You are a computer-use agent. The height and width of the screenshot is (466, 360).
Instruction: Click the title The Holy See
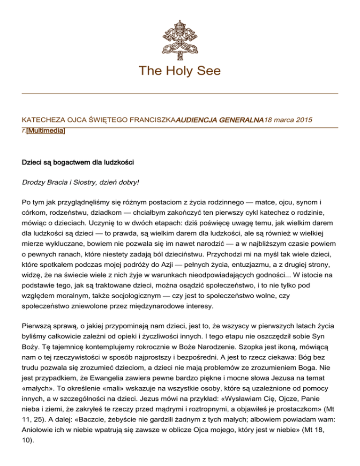[180, 71]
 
